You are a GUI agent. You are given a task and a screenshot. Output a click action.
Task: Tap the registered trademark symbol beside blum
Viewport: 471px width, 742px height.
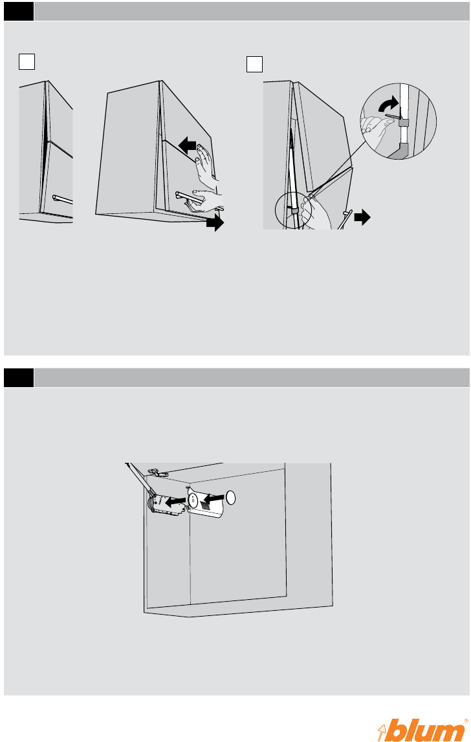point(466,721)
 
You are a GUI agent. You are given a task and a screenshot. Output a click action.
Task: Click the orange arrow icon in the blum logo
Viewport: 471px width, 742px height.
point(383,732)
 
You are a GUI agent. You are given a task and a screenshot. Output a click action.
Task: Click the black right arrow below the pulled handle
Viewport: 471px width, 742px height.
point(215,222)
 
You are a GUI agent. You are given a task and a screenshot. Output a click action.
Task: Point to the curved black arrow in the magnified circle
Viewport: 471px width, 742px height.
point(389,104)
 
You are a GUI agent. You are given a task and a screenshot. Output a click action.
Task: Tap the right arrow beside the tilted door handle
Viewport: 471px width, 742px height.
point(362,218)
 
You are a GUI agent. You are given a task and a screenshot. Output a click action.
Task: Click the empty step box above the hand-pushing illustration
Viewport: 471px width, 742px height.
point(27,61)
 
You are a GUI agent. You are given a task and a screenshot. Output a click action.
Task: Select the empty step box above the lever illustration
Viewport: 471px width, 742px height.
point(254,65)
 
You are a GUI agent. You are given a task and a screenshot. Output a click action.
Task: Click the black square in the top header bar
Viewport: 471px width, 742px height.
point(19,12)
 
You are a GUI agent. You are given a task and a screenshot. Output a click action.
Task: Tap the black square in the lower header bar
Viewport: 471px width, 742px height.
point(19,377)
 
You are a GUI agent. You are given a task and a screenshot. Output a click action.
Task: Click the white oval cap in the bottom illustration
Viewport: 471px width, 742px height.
point(231,497)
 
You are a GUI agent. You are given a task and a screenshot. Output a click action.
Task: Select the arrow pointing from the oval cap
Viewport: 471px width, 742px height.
point(214,498)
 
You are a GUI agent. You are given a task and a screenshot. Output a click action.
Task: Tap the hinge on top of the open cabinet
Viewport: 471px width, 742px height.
point(157,472)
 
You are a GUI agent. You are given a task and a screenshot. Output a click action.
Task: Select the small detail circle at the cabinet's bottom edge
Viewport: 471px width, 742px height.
point(294,211)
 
